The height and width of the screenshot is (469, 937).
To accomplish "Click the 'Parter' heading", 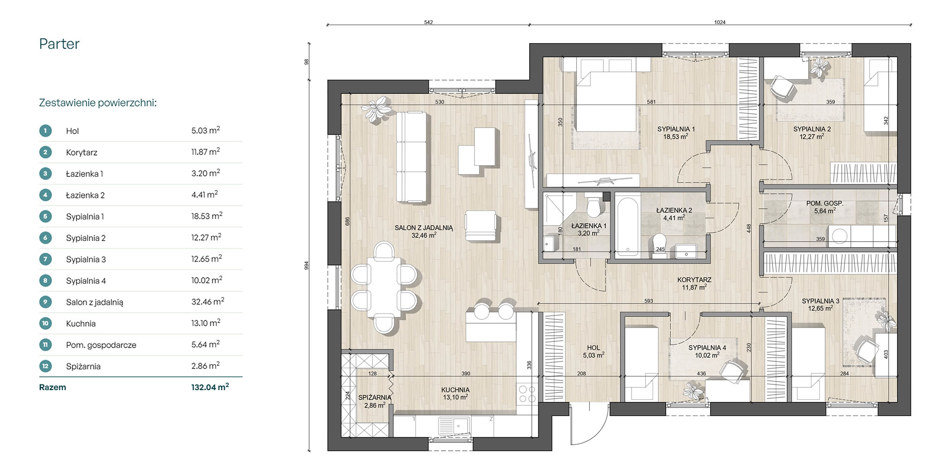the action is (x=59, y=44).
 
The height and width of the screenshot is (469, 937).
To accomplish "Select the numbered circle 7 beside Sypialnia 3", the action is (x=45, y=259).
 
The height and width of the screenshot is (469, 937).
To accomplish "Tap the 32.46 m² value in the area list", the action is (x=208, y=302).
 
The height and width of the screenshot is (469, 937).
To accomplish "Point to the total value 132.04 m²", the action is (x=210, y=387).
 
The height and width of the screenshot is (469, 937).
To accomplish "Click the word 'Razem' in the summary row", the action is (x=52, y=387).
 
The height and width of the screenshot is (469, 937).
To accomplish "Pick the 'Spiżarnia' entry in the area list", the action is (x=83, y=366).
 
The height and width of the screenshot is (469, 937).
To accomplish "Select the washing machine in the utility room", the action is (x=839, y=235).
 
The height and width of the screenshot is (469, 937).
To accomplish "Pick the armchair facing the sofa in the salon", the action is (x=481, y=226).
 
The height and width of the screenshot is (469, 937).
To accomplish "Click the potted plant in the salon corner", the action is (x=376, y=110).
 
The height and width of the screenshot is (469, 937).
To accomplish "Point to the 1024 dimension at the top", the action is (x=720, y=22).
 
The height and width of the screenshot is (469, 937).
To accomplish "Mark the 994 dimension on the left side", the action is (x=307, y=265).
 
